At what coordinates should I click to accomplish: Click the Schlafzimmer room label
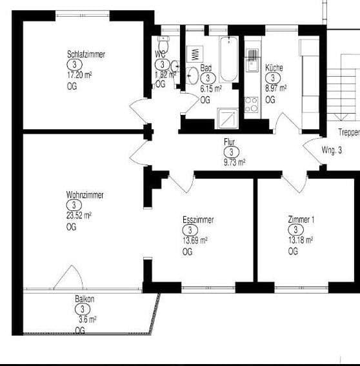86,54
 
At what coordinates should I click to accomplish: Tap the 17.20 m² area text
79,76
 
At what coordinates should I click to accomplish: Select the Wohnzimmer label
85,195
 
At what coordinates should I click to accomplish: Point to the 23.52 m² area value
79,216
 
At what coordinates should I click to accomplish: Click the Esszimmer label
198,220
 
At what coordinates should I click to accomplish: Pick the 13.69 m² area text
195,241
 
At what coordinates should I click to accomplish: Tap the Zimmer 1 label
301,220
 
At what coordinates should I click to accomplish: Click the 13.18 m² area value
300,240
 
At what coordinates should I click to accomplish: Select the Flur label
230,141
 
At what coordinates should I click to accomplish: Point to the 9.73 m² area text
234,163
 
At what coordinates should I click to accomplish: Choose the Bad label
206,68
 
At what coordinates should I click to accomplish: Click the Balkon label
85,299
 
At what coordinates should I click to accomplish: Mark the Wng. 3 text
331,150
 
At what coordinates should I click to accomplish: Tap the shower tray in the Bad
228,117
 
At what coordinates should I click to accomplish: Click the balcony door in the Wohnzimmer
68,279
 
